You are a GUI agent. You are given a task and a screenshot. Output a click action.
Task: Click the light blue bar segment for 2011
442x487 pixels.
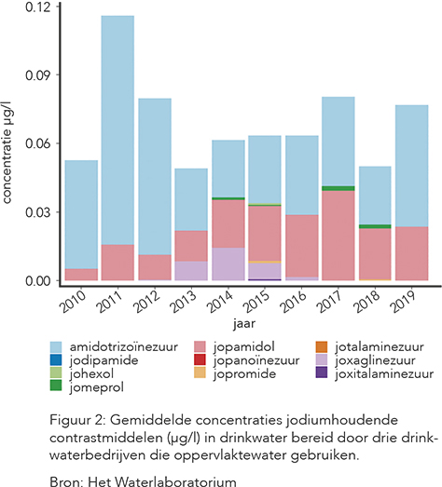coord(117,130)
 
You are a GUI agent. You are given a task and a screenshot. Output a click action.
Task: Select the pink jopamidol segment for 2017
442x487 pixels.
coord(338,236)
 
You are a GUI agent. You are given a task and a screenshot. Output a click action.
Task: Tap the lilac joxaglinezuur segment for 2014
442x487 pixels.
coord(228,264)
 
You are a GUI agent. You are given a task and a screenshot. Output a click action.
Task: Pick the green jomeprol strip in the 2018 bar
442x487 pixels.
coord(375,226)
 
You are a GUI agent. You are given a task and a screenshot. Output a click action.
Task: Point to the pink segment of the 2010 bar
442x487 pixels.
coord(81,275)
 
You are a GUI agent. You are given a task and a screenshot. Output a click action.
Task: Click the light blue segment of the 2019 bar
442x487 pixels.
coord(412,166)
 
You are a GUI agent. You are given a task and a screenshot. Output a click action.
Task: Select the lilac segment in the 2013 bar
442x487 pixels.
coord(191,271)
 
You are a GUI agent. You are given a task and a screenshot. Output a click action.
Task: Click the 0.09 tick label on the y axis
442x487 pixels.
coord(38,75)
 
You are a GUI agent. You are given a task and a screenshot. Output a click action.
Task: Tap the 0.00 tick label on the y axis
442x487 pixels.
coord(38,281)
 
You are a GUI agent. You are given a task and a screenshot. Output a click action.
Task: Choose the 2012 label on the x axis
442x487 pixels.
coord(146,302)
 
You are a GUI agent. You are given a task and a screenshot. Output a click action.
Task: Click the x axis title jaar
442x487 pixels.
coord(244,324)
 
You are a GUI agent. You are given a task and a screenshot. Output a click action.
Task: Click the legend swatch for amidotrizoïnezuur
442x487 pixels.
coord(56,347)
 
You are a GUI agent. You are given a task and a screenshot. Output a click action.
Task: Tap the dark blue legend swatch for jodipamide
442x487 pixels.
coord(56,360)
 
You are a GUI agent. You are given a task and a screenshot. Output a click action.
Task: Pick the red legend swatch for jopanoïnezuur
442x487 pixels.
coord(200,360)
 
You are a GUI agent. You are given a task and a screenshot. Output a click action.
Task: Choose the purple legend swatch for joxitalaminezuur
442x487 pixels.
coord(322,373)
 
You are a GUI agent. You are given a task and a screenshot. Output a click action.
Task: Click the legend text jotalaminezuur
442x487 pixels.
coord(380,347)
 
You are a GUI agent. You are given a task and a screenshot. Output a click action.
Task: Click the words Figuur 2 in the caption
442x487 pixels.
coord(77,421)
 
